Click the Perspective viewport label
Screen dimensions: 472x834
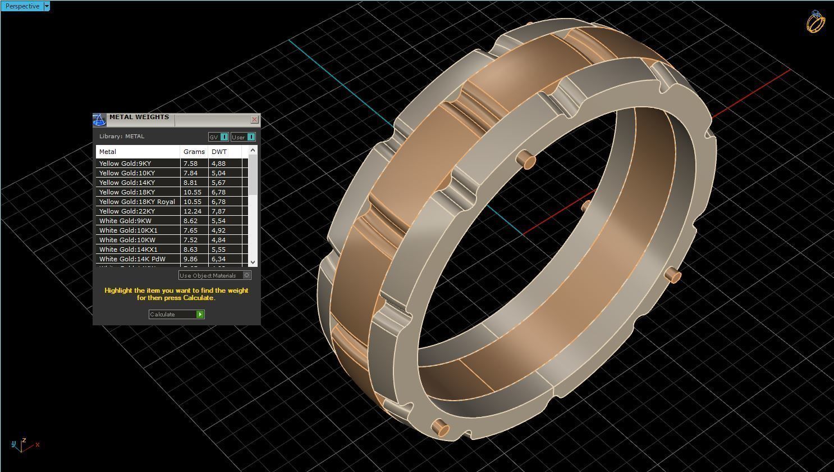(22, 6)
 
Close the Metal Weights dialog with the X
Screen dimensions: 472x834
(254, 120)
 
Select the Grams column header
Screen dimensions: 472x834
(194, 152)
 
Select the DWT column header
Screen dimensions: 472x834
(219, 152)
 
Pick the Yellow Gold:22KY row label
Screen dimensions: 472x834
(127, 211)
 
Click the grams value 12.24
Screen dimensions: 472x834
(192, 211)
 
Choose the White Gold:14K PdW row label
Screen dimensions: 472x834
(132, 259)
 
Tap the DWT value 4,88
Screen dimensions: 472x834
(218, 164)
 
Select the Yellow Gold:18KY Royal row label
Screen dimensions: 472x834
(137, 202)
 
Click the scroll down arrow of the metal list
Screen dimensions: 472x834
(253, 262)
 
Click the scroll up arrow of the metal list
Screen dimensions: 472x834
(253, 149)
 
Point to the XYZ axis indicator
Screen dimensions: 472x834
(22, 445)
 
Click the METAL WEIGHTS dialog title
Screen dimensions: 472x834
(139, 117)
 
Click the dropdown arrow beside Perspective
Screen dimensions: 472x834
(47, 6)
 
